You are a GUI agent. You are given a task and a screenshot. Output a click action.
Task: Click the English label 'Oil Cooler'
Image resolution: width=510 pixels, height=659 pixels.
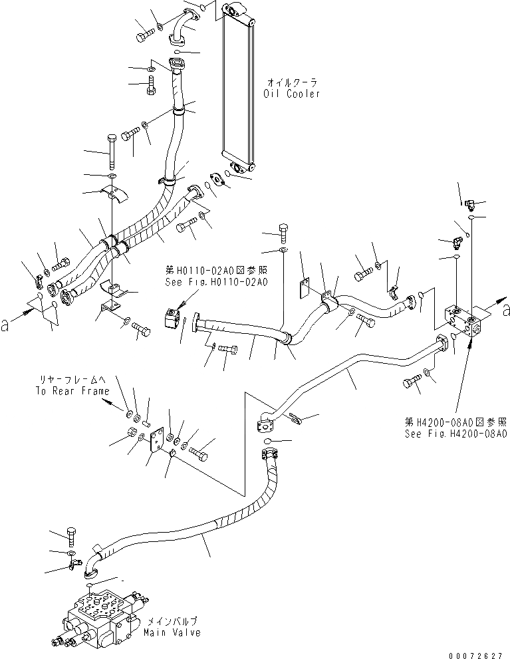(293, 94)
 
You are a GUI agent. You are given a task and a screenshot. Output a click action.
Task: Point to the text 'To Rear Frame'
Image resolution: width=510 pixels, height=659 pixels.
(72, 392)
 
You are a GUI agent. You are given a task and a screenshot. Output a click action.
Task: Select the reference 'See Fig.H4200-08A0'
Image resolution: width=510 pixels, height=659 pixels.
(456, 433)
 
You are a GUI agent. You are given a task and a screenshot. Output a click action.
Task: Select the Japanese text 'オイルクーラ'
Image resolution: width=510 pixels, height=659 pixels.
(293, 82)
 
